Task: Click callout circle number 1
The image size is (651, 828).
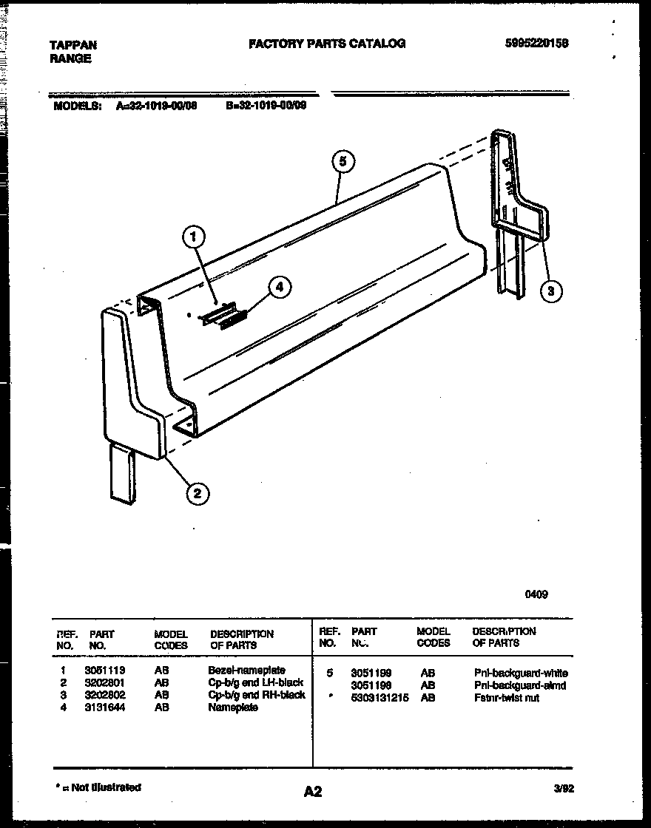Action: pos(193,238)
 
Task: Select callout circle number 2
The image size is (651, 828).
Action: pos(198,493)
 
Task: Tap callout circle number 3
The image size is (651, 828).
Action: pos(550,291)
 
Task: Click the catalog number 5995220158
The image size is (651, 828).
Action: pos(536,44)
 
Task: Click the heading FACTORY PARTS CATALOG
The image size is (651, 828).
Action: pos(327,44)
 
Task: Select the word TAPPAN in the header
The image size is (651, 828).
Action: pos(72,45)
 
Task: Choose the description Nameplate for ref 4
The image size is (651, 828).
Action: pos(233,707)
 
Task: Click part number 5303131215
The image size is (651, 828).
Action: pos(380,698)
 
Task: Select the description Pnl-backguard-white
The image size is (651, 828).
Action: pos(521,673)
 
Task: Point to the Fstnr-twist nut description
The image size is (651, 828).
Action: pos(507,698)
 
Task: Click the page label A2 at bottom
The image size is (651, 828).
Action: pos(313,792)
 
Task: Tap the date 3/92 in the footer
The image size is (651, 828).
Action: pos(564,789)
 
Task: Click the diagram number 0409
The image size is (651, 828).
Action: pos(536,594)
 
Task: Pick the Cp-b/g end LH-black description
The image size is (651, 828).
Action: pos(256,682)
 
